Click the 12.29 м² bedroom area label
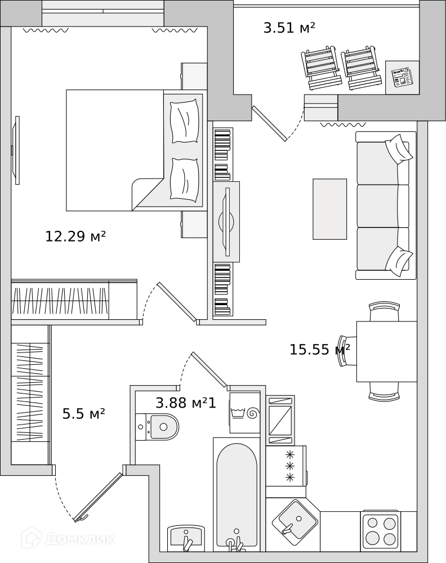coord(75,236)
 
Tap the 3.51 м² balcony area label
coord(289,28)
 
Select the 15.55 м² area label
coord(320,349)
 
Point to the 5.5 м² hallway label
coord(84,414)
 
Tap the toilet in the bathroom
coord(157,427)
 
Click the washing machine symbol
coord(245,413)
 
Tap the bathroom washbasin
coord(186,538)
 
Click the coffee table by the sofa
coord(329,209)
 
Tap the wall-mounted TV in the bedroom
coord(16,150)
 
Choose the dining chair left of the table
coord(347,351)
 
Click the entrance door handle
coord(81,518)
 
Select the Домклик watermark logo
coord(68,539)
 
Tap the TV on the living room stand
coord(226,221)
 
